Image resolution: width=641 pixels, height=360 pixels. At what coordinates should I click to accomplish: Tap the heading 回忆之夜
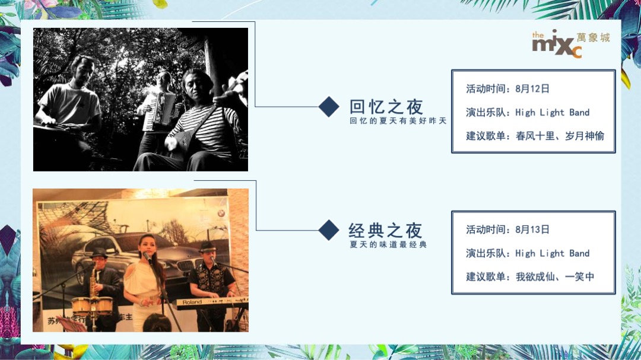[386, 107]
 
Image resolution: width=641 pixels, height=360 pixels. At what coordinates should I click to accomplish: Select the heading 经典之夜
[385, 230]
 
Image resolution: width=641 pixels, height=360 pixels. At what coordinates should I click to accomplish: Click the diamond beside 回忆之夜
[329, 107]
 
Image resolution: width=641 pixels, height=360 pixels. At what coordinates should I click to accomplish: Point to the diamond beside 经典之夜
[329, 230]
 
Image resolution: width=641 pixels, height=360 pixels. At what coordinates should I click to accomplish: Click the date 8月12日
[532, 89]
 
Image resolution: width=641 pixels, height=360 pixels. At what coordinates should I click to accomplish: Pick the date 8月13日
[532, 230]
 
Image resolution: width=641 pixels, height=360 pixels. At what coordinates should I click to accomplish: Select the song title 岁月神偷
[584, 136]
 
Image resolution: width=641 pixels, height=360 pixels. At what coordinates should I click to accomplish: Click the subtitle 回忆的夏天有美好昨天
[398, 121]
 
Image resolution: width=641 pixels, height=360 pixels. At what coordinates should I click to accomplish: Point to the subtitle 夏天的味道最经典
[388, 244]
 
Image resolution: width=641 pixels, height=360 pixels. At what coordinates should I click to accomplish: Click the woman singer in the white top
[144, 279]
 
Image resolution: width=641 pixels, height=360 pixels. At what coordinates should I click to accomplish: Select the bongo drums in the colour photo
[92, 305]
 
